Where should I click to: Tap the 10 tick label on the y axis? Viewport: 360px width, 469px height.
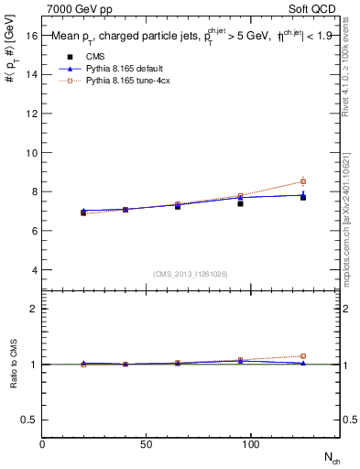click(31, 153)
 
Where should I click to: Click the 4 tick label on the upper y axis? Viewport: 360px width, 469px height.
click(34, 270)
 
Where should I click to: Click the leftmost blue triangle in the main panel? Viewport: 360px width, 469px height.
click(83, 211)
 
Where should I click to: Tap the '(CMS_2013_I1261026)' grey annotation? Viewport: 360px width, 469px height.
click(191, 274)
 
